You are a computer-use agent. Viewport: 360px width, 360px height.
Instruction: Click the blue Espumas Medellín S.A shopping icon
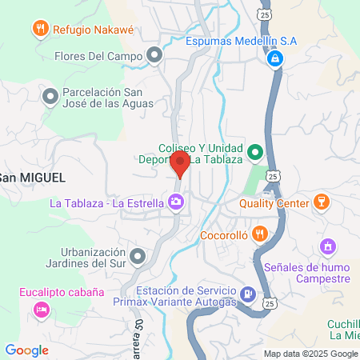(x=274, y=58)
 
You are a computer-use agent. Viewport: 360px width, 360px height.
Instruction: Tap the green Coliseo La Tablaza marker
(x=255, y=150)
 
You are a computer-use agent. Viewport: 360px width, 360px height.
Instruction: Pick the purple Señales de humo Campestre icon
(x=326, y=246)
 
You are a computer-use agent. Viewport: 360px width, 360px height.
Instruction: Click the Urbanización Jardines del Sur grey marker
(x=138, y=257)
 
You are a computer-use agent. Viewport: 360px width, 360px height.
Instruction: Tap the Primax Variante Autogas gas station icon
(x=248, y=295)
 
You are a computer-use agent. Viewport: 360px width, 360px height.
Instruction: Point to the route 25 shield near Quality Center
(x=274, y=174)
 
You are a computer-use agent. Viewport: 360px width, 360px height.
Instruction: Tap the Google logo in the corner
(x=26, y=350)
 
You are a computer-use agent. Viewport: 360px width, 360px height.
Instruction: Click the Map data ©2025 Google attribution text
(x=311, y=354)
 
